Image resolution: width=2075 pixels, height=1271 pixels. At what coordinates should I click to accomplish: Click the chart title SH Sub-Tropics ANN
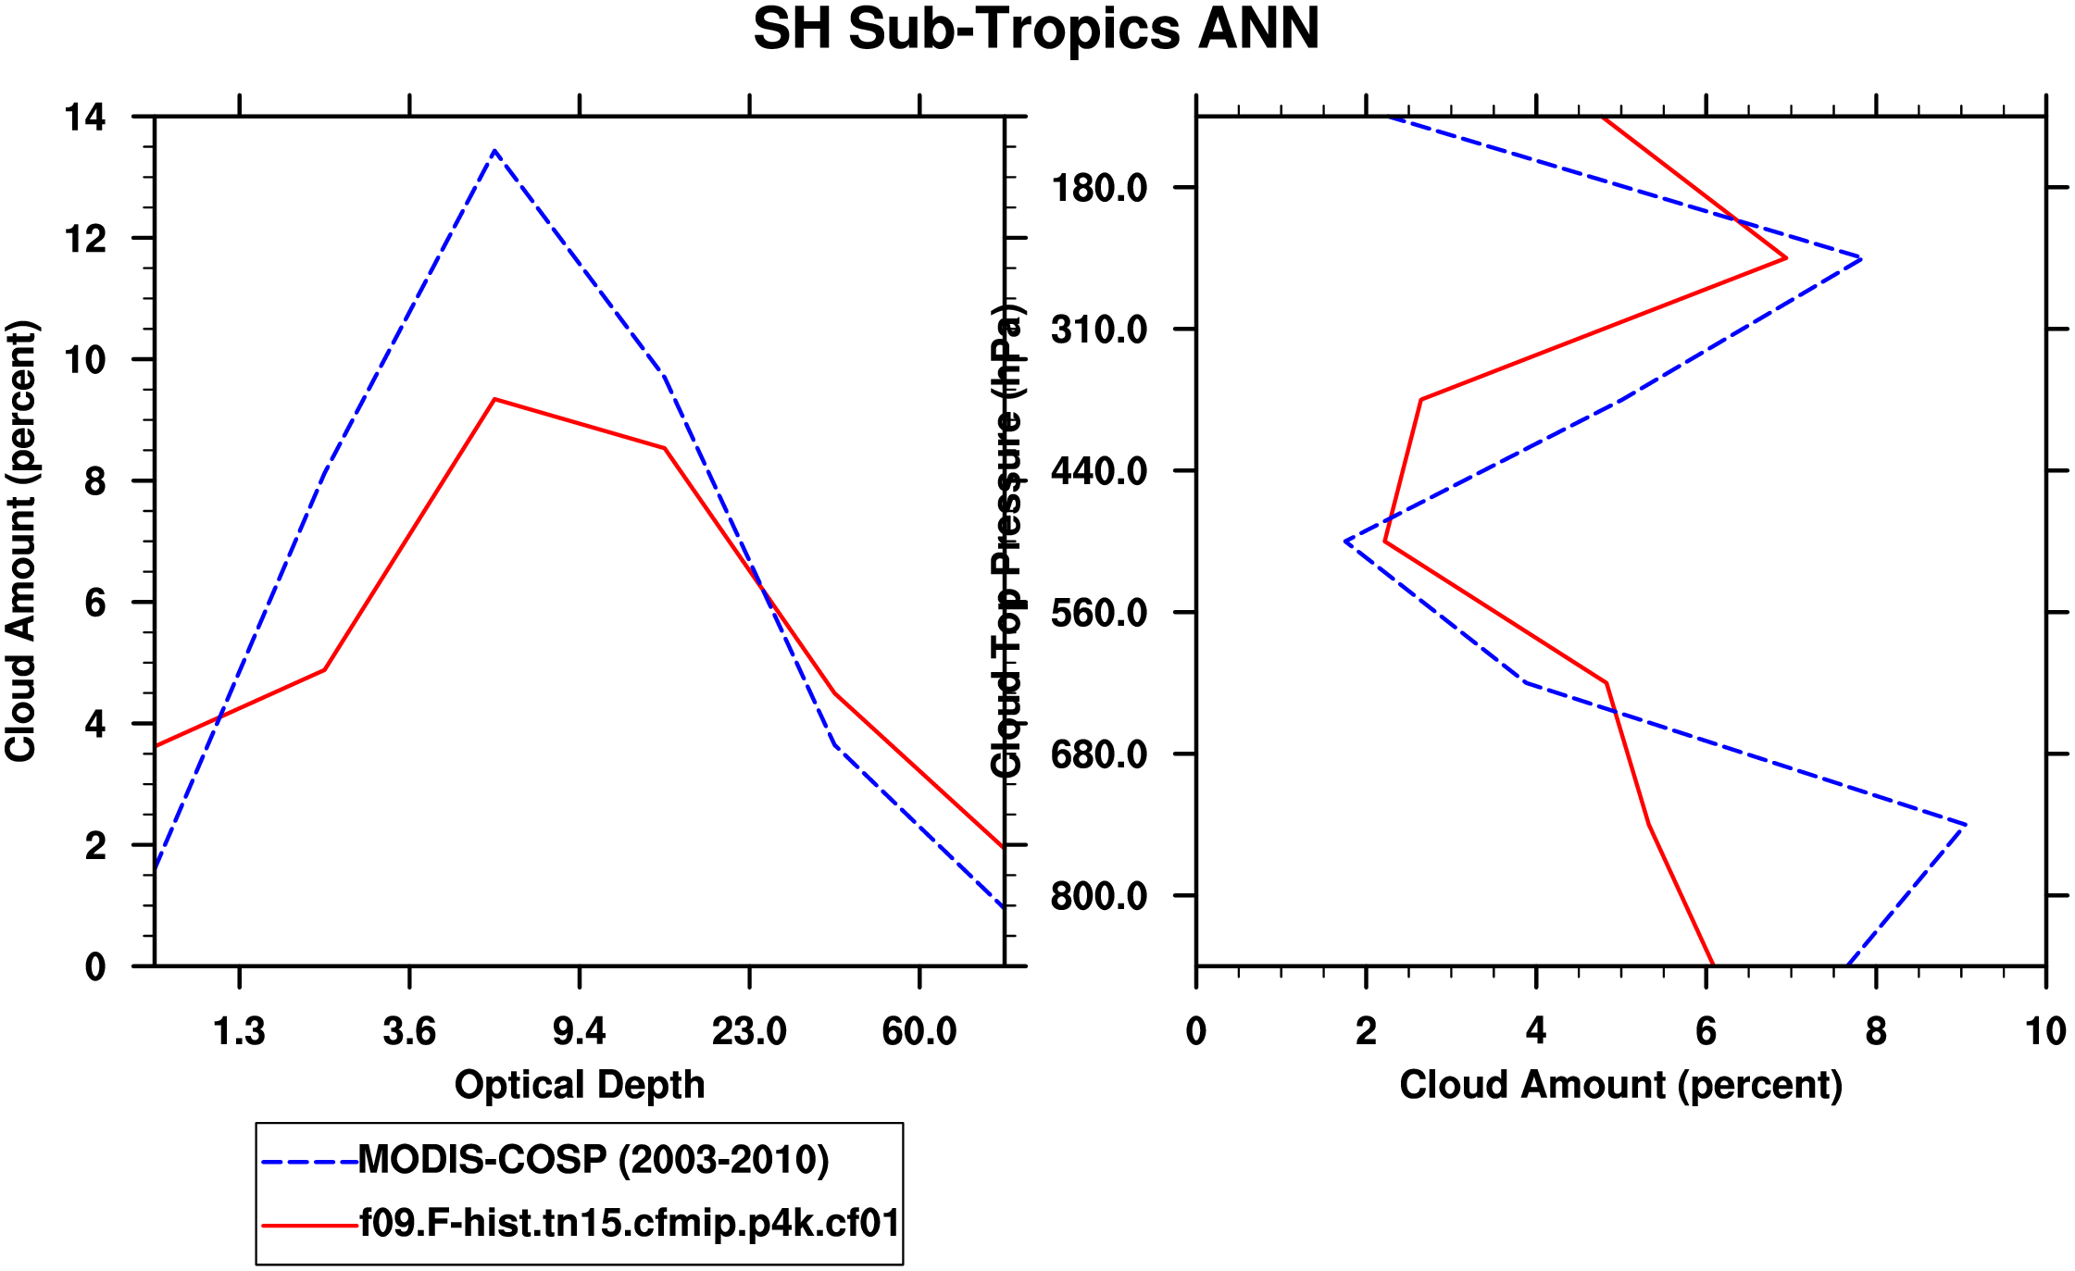click(1036, 30)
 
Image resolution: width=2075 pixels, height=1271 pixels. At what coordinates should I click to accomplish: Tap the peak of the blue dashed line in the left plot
click(495, 151)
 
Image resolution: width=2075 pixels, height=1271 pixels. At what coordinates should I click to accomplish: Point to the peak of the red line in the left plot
click(495, 399)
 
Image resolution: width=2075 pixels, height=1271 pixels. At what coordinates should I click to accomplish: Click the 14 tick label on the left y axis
click(85, 118)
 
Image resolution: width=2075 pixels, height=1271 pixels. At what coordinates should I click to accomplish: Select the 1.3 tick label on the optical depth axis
click(239, 1031)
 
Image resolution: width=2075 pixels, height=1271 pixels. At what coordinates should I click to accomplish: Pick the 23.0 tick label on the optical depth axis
click(749, 1031)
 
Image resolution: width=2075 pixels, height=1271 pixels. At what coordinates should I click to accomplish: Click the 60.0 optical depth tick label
click(919, 1031)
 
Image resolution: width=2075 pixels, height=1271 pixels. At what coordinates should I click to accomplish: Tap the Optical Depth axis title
click(580, 1085)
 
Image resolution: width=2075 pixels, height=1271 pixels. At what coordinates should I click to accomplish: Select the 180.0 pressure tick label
click(1099, 189)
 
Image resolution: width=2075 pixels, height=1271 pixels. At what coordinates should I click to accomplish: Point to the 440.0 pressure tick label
click(1099, 472)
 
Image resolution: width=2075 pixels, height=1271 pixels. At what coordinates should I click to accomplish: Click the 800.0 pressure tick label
click(1099, 897)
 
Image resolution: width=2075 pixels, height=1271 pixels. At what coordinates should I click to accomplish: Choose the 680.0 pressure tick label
click(1099, 755)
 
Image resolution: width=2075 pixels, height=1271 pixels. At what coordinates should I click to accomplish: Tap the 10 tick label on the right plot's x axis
click(2045, 1031)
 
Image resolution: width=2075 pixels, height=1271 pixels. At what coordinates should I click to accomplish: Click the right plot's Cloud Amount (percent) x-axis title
click(1620, 1085)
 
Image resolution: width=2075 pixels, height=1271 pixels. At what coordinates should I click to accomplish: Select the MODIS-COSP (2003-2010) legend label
click(594, 1160)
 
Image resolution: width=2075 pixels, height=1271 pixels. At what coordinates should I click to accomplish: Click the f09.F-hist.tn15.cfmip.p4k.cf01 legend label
click(630, 1224)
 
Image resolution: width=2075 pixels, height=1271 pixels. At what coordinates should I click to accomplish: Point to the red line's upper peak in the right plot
click(1785, 258)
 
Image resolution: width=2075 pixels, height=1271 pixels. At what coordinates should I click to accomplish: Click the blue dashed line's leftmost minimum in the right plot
click(1345, 541)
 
